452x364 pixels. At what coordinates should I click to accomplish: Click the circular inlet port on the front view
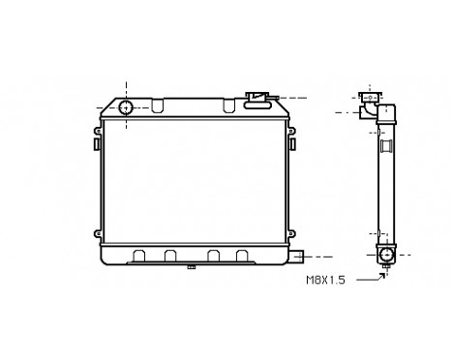pyautogui.click(x=126, y=106)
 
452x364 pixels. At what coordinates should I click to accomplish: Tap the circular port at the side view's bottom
pyautogui.click(x=387, y=256)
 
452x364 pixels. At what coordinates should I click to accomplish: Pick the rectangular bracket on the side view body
pyautogui.click(x=386, y=147)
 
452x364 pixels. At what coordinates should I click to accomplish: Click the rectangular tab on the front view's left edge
pyautogui.click(x=96, y=143)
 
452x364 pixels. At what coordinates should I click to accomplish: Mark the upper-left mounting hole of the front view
pyautogui.click(x=101, y=127)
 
